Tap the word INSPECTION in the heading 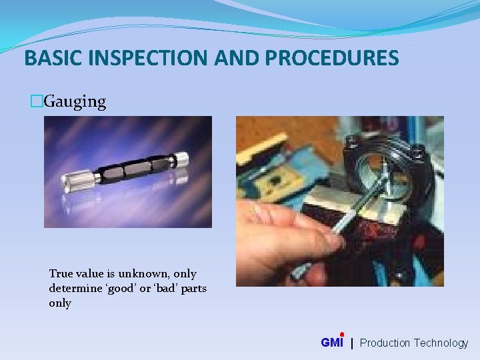point(147,58)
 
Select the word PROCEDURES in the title point(331,58)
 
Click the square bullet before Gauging point(37,102)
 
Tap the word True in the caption point(61,274)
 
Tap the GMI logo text point(331,343)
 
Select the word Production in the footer point(385,343)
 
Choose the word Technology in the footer point(441,343)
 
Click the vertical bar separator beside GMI point(352,343)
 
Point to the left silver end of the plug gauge point(76,181)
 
